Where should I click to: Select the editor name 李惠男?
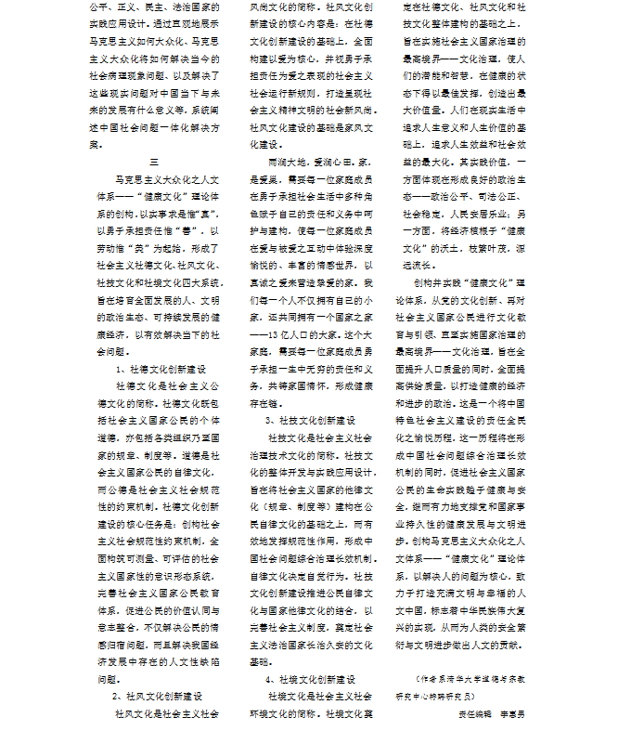click(x=510, y=713)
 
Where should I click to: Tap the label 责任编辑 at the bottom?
click(x=474, y=713)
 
